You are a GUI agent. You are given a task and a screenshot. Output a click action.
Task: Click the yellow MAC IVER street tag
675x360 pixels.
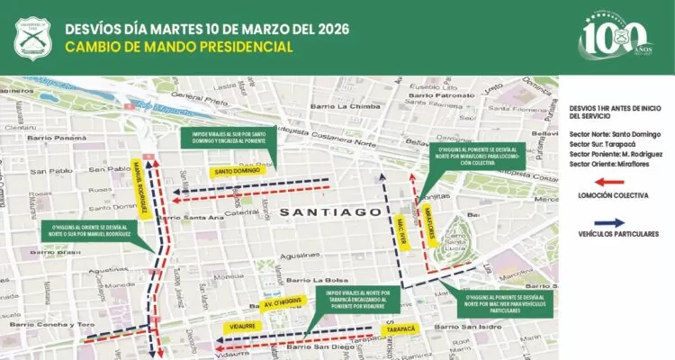pos(402,220)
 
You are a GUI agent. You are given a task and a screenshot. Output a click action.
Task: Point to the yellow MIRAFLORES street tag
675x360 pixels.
pos(431,221)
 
